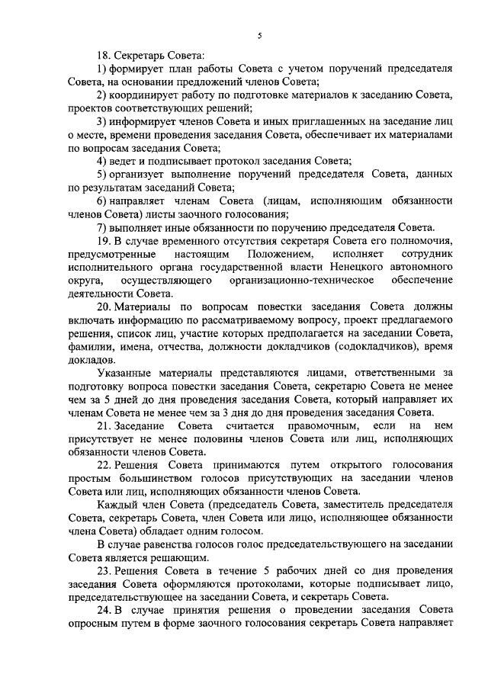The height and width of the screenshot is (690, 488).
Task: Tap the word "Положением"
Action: tap(280, 254)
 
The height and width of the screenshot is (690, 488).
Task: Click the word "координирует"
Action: tap(149, 95)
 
